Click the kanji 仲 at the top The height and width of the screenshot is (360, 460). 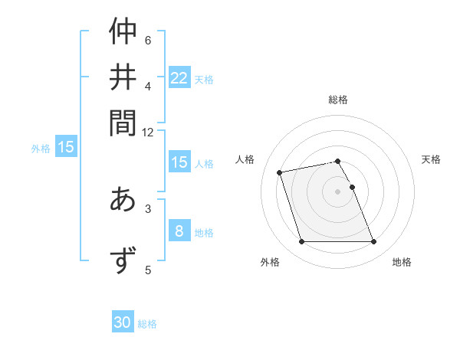[123, 32]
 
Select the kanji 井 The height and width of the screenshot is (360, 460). [123, 77]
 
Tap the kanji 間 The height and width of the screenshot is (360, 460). [123, 122]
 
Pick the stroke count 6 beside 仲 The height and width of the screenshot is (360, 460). [148, 40]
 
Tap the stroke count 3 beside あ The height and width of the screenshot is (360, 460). [148, 208]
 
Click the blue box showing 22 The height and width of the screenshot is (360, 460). [179, 78]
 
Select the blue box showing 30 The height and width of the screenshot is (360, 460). [123, 323]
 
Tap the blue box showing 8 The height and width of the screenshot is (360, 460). [179, 231]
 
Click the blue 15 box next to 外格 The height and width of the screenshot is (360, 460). [66, 148]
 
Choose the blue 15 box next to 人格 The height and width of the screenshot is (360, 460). [179, 162]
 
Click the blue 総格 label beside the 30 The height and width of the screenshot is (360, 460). [147, 324]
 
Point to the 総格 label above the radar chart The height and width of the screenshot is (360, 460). [338, 100]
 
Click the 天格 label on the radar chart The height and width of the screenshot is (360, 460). [431, 159]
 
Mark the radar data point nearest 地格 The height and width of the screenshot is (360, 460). [373, 242]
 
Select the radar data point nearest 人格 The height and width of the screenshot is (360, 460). [280, 172]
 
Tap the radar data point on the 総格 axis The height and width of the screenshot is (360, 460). [338, 161]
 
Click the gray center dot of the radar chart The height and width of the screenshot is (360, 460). [338, 191]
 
